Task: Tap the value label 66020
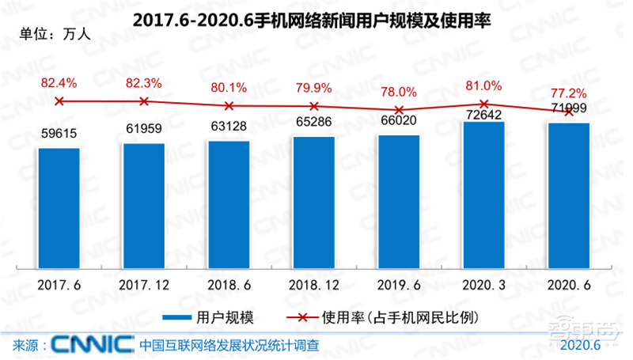[399, 121]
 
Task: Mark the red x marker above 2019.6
[399, 110]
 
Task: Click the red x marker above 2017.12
[144, 101]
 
